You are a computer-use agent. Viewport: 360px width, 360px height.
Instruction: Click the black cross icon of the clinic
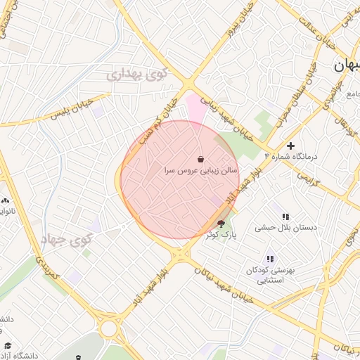coord(290,145)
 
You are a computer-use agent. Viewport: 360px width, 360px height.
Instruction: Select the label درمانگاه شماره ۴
coord(291,156)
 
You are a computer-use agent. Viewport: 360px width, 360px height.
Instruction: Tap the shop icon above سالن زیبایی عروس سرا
coord(201,157)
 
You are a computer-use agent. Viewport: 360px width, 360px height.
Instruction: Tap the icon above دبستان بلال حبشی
coord(285,217)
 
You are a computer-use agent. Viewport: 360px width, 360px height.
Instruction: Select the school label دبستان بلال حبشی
coord(285,228)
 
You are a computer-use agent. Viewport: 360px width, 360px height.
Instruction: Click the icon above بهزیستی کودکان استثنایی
coord(270,259)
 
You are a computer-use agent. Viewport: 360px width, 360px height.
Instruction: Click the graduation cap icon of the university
coord(8,345)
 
